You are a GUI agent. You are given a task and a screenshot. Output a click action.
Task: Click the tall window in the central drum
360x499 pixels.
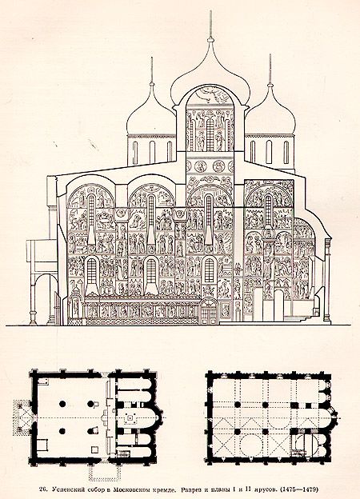(x=210, y=134)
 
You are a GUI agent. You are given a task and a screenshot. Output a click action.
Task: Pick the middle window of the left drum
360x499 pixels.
(x=152, y=153)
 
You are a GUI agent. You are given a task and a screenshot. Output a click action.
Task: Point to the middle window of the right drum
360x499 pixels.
(x=270, y=152)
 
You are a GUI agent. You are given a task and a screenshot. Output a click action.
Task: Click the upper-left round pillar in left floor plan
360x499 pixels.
(x=62, y=404)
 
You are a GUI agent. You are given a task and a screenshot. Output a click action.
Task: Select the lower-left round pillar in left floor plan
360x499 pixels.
(x=62, y=431)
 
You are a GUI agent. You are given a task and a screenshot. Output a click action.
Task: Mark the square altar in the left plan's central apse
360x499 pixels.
(x=130, y=417)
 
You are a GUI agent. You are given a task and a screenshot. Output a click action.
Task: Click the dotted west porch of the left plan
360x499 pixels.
(x=22, y=417)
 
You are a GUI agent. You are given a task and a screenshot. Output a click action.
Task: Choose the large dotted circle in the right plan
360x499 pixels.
(x=251, y=445)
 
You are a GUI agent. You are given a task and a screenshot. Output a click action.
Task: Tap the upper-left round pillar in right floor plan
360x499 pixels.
(x=237, y=405)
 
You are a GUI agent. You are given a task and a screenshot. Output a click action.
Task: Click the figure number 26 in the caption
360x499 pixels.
(x=44, y=489)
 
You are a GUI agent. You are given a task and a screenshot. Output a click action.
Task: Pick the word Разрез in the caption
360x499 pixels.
(x=190, y=489)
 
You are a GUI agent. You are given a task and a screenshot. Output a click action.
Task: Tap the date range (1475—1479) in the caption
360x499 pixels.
(x=301, y=489)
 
